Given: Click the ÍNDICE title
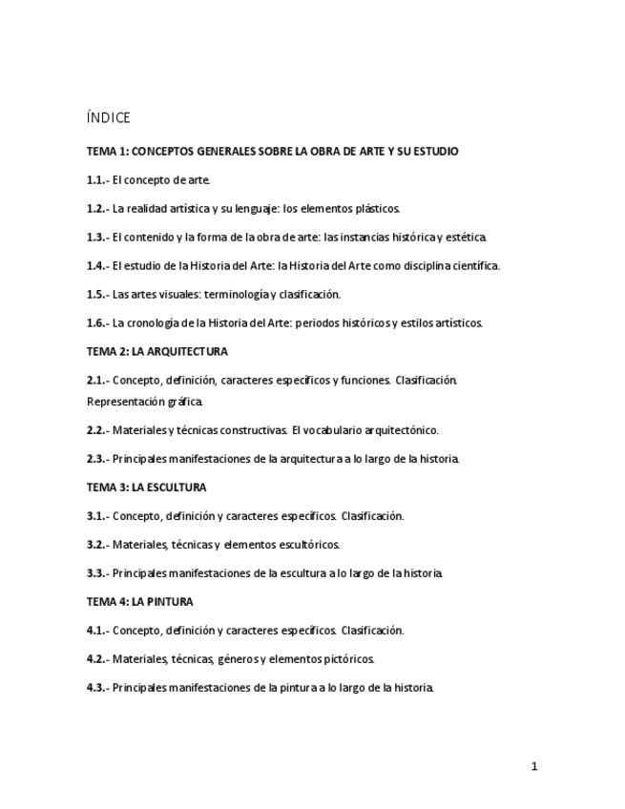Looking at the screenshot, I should tap(108, 118).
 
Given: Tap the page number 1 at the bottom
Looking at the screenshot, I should tap(535, 766).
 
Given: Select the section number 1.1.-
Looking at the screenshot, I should tap(97, 179).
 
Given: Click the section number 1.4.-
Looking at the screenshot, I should tap(97, 266).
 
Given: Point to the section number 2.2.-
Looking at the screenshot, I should tap(97, 430).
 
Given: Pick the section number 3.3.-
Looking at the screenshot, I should tap(97, 573).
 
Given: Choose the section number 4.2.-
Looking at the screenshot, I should tap(97, 659).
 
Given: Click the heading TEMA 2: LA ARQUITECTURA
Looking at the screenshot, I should tap(156, 352).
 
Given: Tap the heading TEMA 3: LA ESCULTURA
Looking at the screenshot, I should tap(146, 487).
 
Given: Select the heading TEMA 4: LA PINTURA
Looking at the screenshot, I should tap(139, 602).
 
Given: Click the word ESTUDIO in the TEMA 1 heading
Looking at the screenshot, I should tap(435, 151).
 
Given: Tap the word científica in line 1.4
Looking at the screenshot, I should tap(474, 266).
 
